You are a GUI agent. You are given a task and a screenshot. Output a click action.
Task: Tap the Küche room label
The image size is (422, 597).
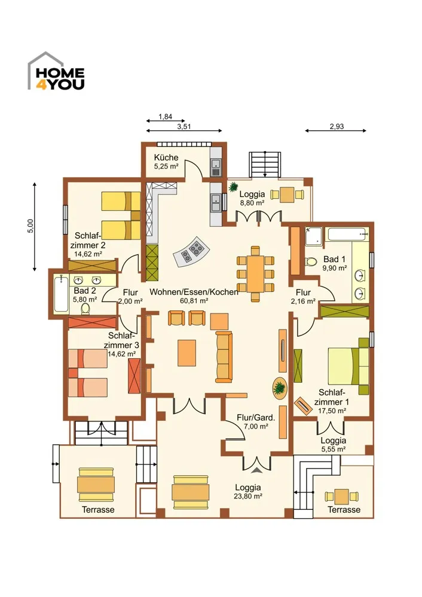(x=166, y=157)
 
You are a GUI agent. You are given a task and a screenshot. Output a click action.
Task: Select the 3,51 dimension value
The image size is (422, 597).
(x=184, y=127)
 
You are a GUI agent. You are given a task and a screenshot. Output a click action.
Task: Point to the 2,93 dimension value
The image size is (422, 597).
(x=337, y=127)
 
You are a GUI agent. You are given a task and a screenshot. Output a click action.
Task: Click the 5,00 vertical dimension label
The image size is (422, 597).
(x=31, y=226)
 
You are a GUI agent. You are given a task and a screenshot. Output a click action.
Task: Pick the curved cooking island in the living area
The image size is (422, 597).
(x=192, y=251)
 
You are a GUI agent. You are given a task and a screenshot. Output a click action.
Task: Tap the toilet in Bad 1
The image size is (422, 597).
(x=311, y=261)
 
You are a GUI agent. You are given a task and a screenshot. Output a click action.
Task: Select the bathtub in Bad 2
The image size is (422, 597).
(x=61, y=294)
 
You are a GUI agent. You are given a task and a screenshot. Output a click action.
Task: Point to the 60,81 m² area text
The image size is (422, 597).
(x=194, y=301)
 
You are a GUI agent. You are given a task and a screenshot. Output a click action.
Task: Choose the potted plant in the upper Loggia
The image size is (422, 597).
(x=233, y=187)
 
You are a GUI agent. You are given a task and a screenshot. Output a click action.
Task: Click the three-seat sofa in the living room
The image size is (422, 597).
(x=224, y=357)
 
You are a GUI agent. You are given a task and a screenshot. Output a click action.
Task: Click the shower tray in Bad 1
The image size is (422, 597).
(x=313, y=236)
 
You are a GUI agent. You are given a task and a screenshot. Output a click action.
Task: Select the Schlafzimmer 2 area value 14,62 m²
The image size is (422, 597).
(x=88, y=254)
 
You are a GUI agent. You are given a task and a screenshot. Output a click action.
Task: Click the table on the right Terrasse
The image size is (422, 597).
(x=341, y=497)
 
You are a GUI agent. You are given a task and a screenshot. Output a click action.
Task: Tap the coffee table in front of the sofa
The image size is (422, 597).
(x=187, y=353)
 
